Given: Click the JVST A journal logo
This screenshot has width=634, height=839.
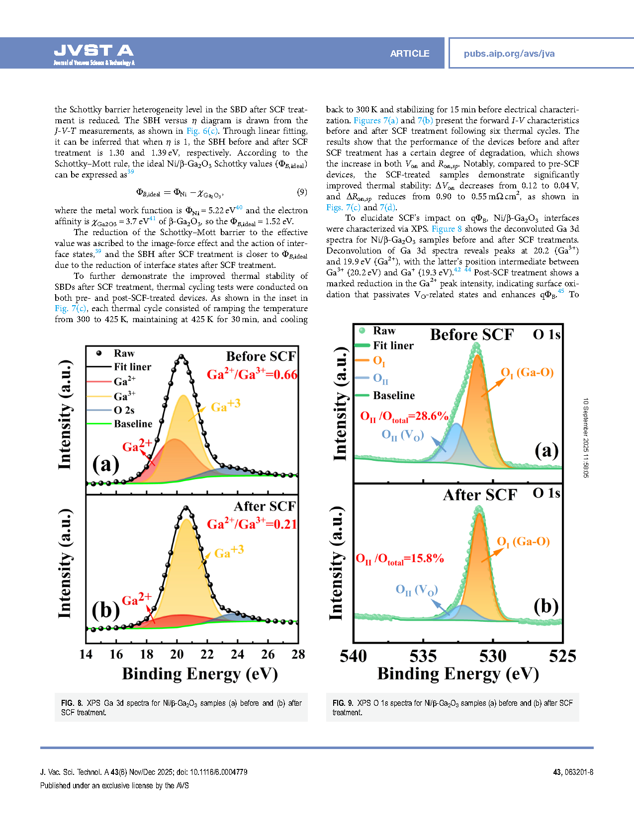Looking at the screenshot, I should pos(93,54).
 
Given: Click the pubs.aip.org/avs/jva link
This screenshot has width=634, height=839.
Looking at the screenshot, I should pos(509,54).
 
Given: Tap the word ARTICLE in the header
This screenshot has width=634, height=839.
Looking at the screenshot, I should pos(409,54).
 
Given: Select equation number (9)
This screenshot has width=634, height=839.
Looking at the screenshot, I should pos(302,192).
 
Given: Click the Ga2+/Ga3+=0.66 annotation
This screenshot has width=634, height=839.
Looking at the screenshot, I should pos(252,374).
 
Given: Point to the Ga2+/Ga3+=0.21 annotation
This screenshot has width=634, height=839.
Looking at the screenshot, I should pos(252,524).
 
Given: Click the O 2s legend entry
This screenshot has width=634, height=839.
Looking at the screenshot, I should pos(124,410).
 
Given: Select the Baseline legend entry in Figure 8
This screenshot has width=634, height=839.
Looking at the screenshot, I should pos(133,423).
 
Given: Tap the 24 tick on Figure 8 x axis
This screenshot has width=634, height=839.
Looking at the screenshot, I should pos(238,654).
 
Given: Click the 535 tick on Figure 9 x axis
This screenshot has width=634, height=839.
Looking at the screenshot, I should pos(423,656).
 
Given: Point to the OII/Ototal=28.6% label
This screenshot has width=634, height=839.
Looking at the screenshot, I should pos(404,417).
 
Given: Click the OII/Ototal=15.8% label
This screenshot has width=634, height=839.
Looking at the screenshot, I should pos(400,559).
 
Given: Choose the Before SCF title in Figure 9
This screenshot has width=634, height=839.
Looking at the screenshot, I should pos(471,335).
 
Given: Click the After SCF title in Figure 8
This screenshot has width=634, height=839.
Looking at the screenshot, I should pos(265,506).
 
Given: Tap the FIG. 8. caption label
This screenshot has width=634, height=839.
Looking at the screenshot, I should pos(72,703).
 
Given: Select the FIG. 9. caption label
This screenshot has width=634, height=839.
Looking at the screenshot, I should pos(343,703).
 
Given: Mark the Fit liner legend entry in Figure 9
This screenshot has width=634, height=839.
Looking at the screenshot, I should pos(393,345).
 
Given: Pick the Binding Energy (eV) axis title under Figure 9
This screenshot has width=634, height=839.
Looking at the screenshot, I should pos(458,674).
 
